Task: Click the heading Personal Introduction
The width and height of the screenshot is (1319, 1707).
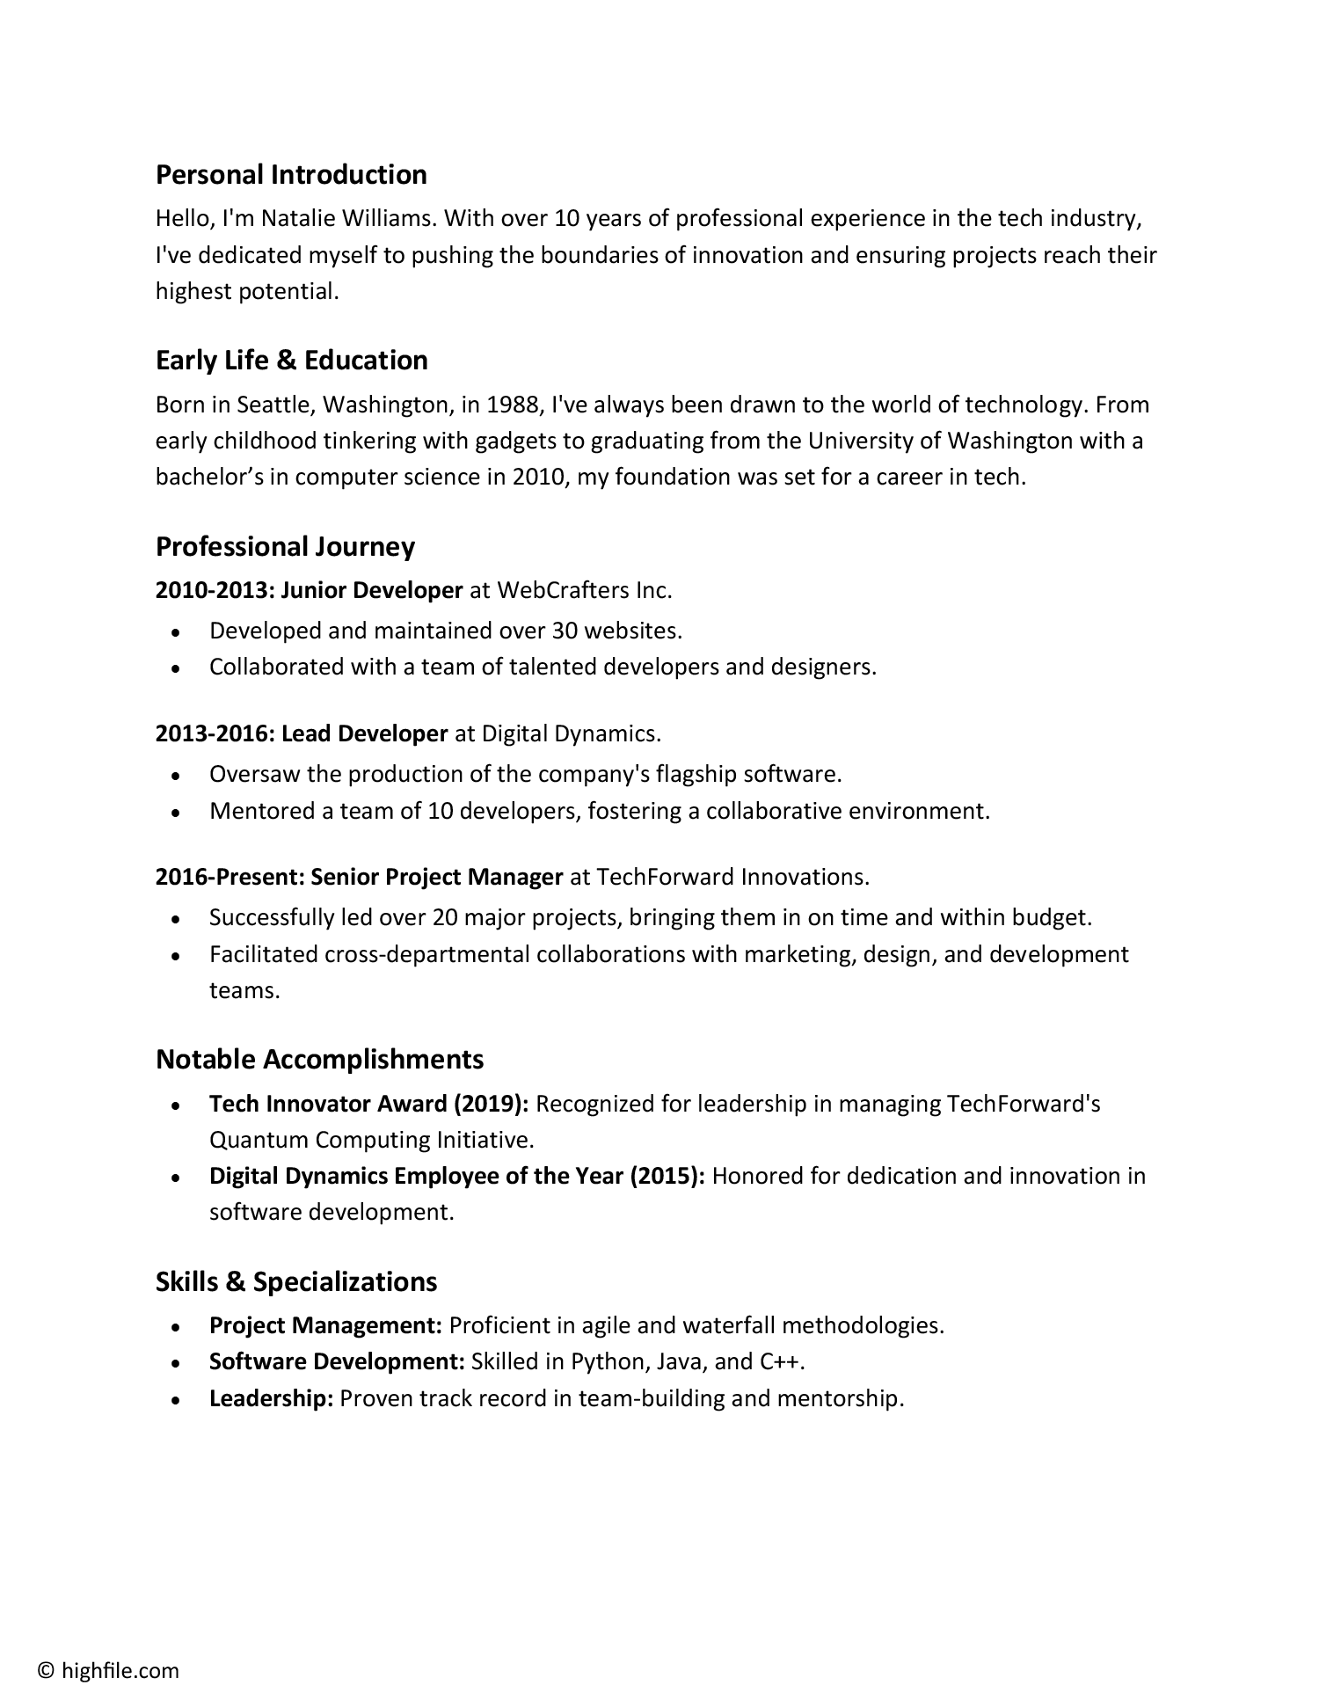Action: coord(291,174)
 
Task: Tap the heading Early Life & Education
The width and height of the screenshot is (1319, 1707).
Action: coord(291,360)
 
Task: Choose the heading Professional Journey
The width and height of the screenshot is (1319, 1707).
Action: coord(285,546)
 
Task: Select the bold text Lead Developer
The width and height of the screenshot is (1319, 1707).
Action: coord(365,733)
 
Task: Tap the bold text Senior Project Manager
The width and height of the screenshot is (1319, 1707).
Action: coord(437,877)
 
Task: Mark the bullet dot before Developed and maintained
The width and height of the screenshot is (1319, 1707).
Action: coord(177,632)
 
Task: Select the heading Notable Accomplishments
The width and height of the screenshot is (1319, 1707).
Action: coord(319,1059)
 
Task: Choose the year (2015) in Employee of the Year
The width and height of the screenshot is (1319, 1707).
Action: coord(667,1176)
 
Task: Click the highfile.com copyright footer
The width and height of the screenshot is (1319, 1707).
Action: coord(108,1671)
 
